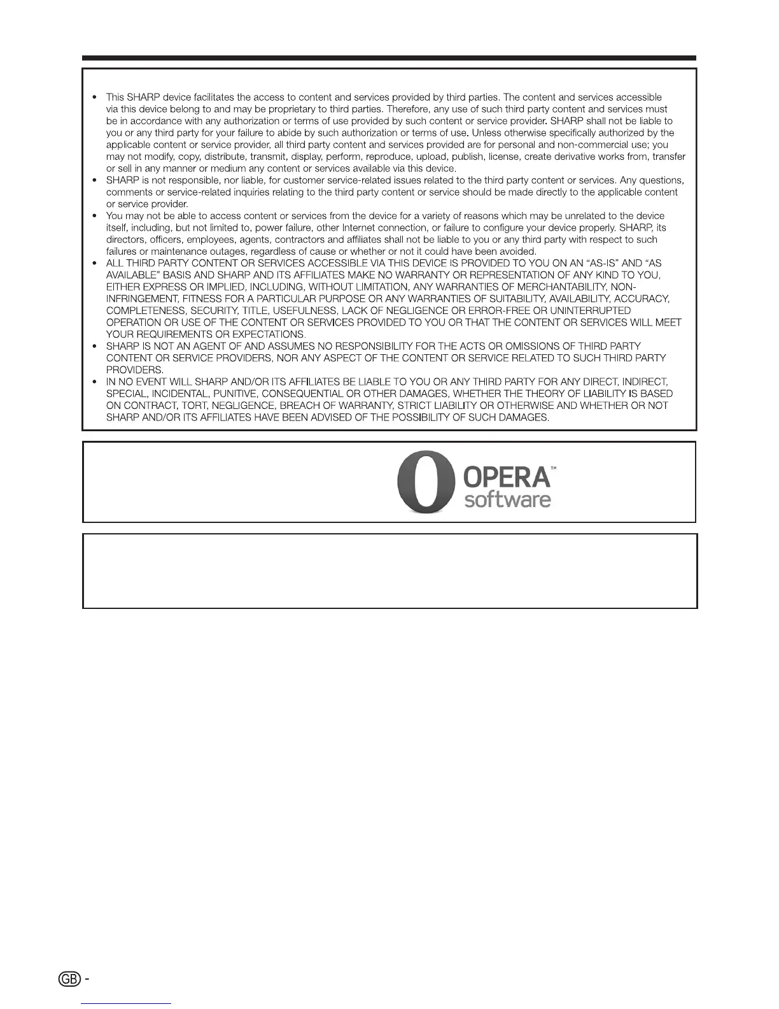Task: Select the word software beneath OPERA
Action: coord(507,499)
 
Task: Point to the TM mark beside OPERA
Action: coord(554,468)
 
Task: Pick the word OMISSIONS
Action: coord(531,346)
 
